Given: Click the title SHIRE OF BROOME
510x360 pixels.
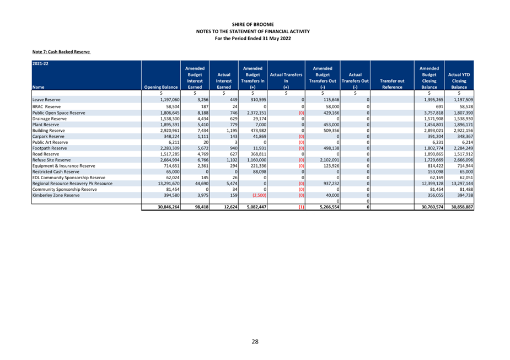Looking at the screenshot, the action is click(253, 24).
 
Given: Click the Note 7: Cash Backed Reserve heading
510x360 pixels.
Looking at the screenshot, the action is click(61, 52).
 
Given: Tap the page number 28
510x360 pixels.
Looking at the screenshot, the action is click(255, 341).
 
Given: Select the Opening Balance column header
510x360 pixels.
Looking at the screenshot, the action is click(161, 87).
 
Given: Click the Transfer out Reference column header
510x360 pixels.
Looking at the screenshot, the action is click(392, 84).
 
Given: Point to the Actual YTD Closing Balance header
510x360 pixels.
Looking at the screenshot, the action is click(459, 81).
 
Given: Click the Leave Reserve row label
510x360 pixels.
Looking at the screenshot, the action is click(46, 100).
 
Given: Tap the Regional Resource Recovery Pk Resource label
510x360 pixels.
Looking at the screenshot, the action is click(72, 184).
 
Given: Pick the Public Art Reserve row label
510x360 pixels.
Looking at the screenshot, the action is click(50, 142).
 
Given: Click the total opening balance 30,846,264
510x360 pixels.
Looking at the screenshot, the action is click(169, 207).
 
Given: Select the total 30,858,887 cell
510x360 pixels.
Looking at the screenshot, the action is click(462, 207).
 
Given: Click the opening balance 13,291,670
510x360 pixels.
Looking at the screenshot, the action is click(169, 184).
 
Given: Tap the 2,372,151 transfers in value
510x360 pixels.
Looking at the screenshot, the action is click(256, 113).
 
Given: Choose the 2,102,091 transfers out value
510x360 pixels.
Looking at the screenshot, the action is click(330, 160).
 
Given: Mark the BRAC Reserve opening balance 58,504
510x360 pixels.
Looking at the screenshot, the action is click(173, 106).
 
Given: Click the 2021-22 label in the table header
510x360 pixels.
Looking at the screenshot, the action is click(40, 63).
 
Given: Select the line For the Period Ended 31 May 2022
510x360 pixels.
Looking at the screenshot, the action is click(253, 39).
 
